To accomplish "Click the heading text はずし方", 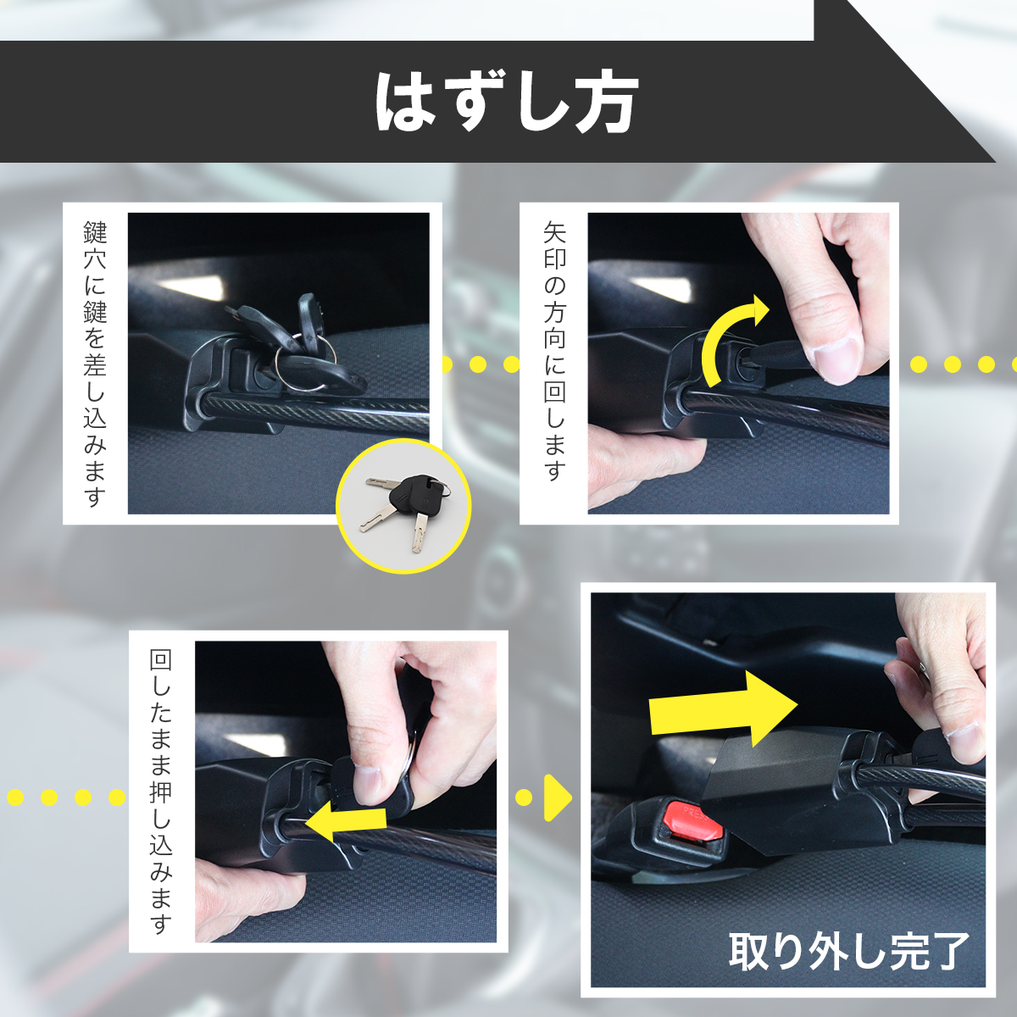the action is (507, 102).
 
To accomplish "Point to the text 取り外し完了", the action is (849, 951).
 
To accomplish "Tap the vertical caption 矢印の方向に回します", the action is (554, 351).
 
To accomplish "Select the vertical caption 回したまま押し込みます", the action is (161, 791).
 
